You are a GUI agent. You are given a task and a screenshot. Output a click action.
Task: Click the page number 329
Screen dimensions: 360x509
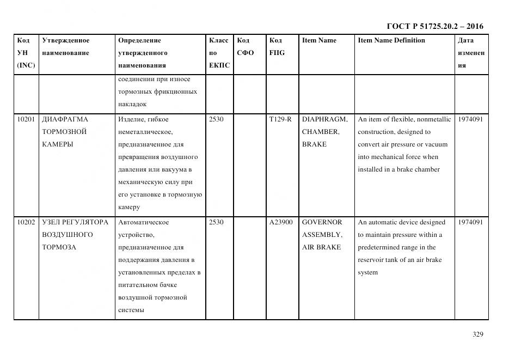478,334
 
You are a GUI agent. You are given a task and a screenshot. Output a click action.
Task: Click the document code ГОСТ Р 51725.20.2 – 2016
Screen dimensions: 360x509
435,26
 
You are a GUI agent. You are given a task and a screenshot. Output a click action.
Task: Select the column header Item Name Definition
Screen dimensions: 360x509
391,40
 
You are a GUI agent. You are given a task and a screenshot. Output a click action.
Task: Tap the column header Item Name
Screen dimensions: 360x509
319,40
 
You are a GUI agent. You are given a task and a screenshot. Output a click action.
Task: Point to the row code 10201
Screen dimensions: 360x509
26,119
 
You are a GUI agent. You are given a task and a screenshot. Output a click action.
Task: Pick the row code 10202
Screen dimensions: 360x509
26,222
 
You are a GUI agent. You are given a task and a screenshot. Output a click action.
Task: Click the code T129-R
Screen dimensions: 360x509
280,119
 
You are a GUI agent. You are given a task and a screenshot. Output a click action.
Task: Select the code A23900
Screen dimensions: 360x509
281,222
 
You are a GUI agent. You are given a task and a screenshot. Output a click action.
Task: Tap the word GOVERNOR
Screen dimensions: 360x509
322,222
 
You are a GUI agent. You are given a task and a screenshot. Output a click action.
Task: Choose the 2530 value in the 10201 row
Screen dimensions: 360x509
216,119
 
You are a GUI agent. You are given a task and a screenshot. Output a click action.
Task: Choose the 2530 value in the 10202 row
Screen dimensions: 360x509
216,222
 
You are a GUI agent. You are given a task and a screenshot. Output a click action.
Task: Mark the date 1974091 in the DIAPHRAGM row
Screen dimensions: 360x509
470,119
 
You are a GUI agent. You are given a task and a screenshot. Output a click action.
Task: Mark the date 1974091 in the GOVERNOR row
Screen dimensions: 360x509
470,222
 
